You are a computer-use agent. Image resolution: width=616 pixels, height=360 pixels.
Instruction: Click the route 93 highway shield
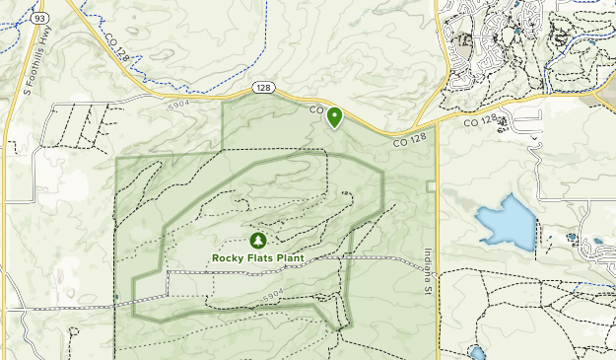(37, 18)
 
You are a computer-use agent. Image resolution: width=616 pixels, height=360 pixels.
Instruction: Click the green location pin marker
(335, 117)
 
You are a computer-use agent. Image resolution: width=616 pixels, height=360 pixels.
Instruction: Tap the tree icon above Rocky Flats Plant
(258, 240)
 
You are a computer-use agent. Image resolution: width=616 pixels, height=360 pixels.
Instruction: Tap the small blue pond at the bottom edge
(478, 353)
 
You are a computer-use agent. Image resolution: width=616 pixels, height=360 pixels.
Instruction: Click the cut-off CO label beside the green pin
(316, 110)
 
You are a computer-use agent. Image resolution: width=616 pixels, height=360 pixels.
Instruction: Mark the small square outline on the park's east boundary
(431, 186)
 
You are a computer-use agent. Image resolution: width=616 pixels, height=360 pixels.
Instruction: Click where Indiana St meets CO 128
(436, 129)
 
